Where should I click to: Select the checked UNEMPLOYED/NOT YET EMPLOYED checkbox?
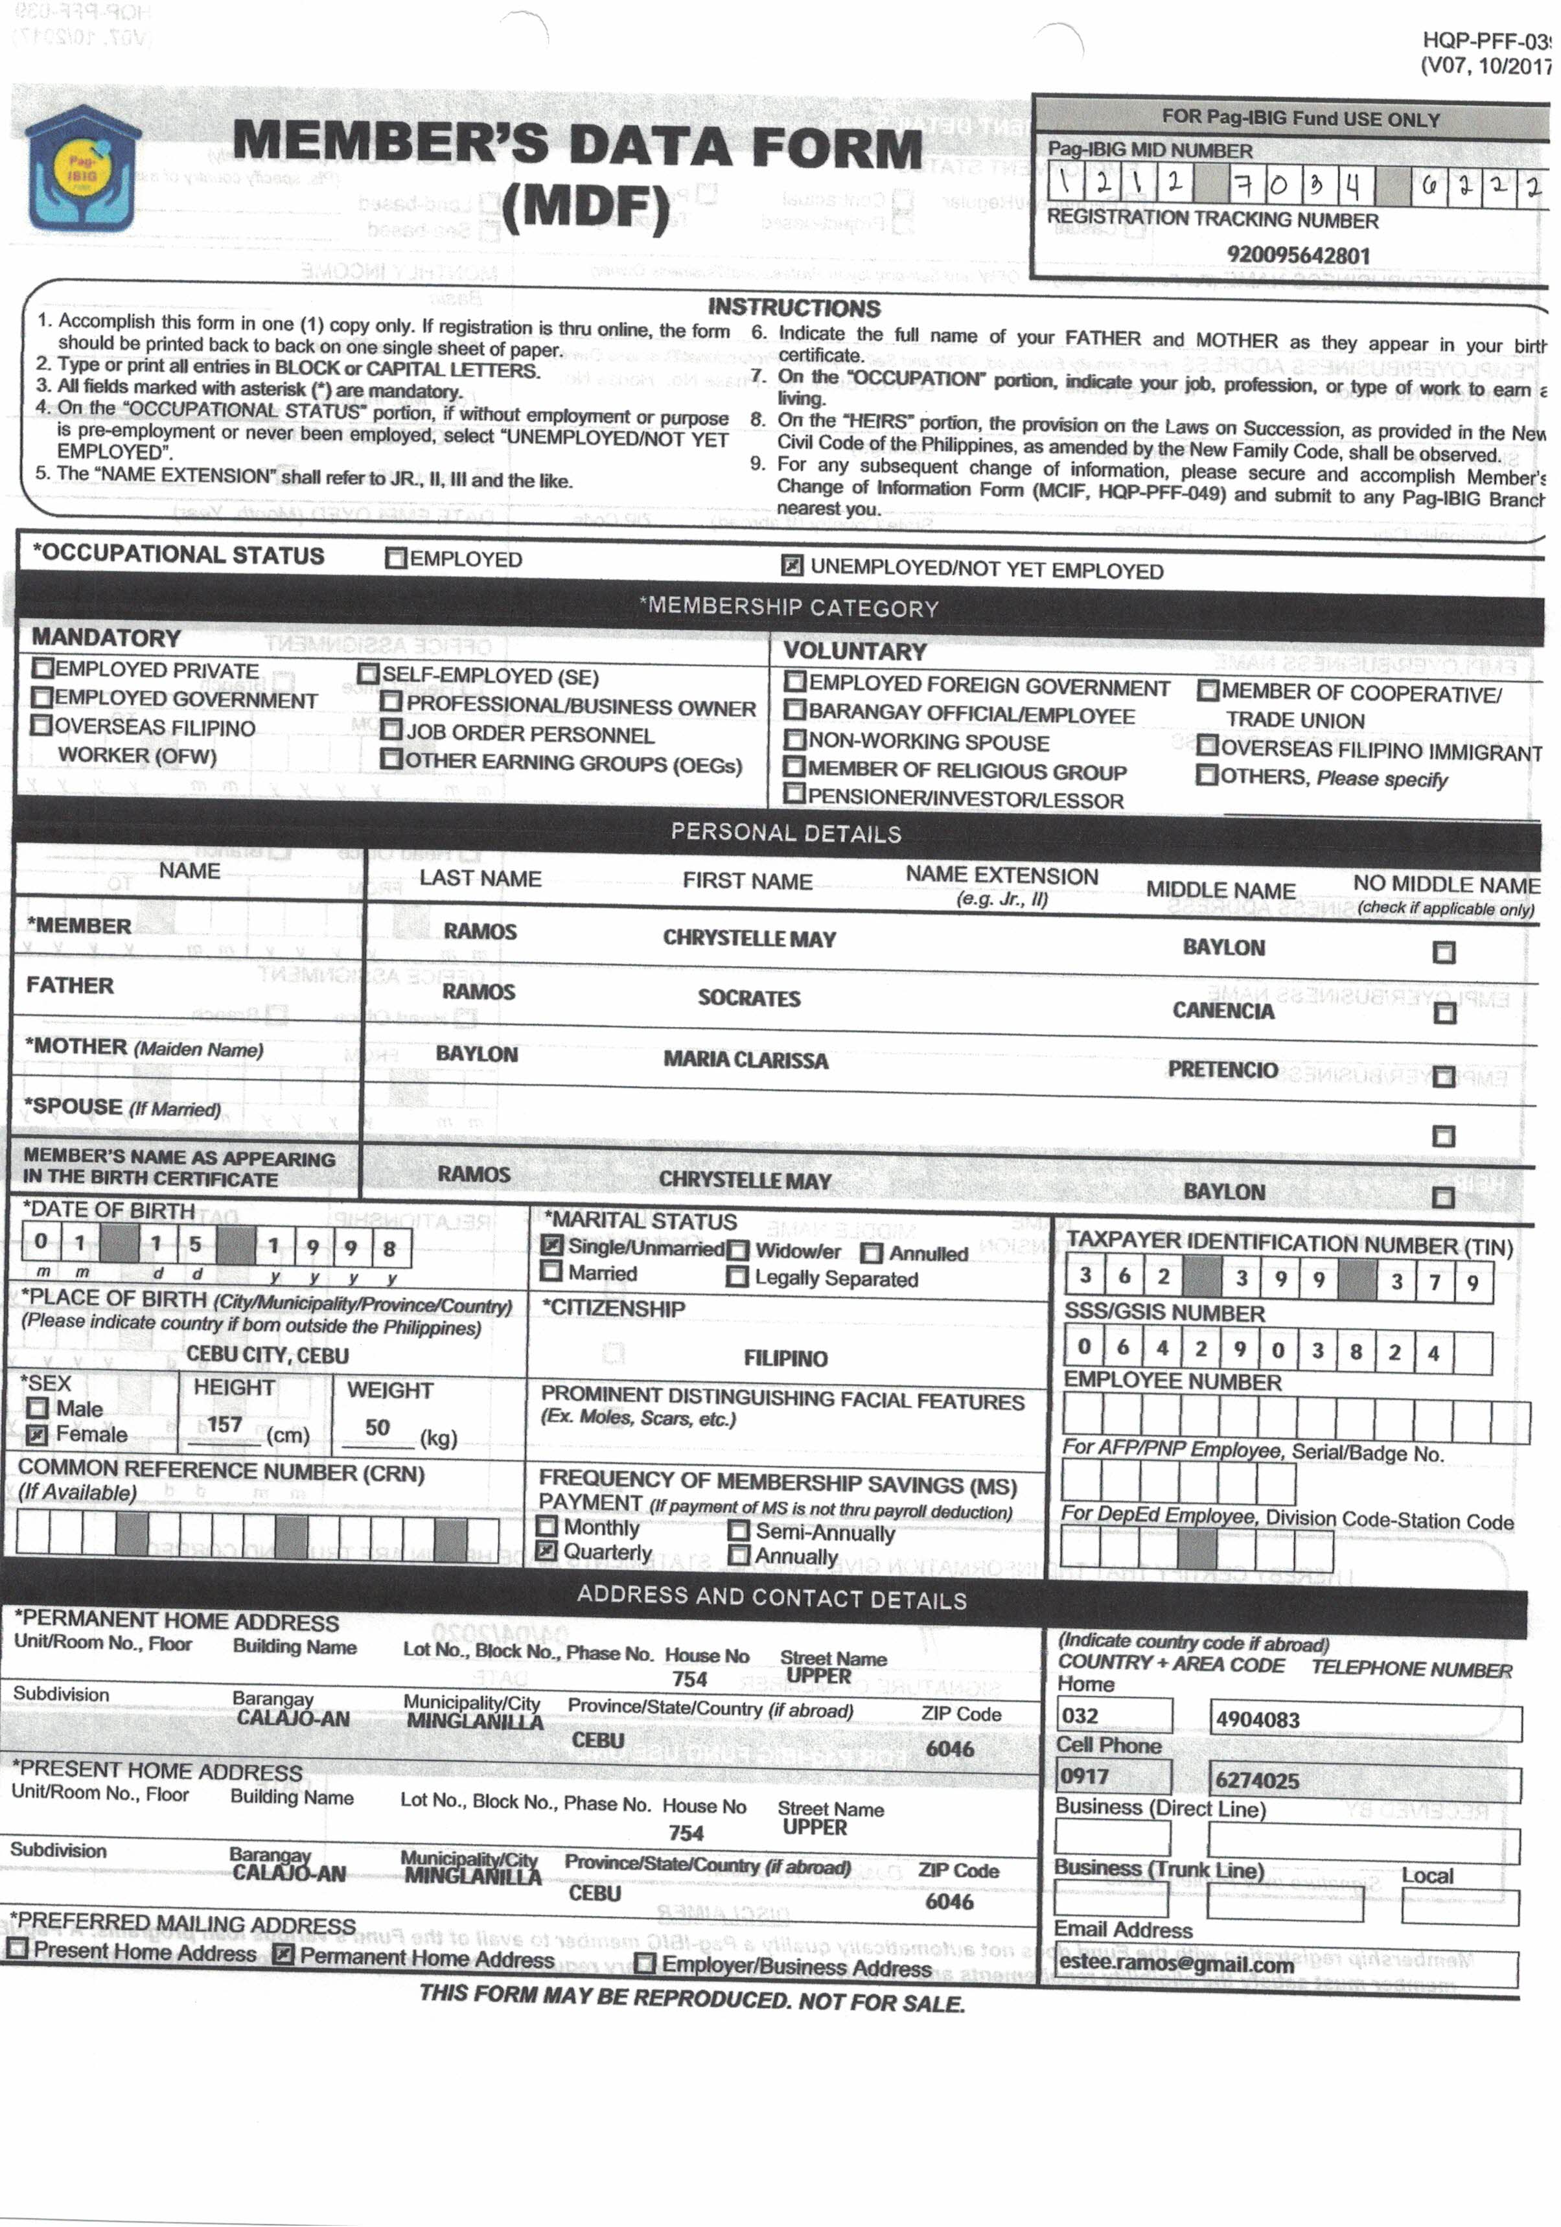[792, 566]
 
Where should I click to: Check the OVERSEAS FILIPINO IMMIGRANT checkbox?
[1207, 746]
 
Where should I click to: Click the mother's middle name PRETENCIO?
[1222, 1070]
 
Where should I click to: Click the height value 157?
[224, 1425]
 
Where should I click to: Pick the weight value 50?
[377, 1428]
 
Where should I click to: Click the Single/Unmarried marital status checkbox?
[552, 1245]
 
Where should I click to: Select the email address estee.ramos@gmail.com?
[1176, 1964]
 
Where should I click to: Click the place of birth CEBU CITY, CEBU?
[267, 1355]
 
